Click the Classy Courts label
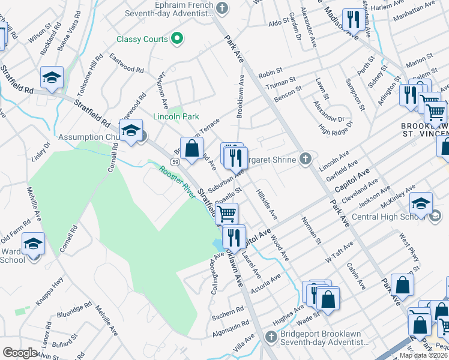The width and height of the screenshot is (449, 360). coord(142,40)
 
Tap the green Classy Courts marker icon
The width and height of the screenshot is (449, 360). coord(176,40)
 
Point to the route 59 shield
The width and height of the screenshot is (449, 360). coord(174,162)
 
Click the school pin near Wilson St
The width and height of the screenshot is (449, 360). coord(52,78)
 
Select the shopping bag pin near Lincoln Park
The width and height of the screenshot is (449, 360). coord(191,149)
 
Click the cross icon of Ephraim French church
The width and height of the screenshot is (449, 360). coord(223,8)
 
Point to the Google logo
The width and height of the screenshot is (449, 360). coord(20,353)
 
